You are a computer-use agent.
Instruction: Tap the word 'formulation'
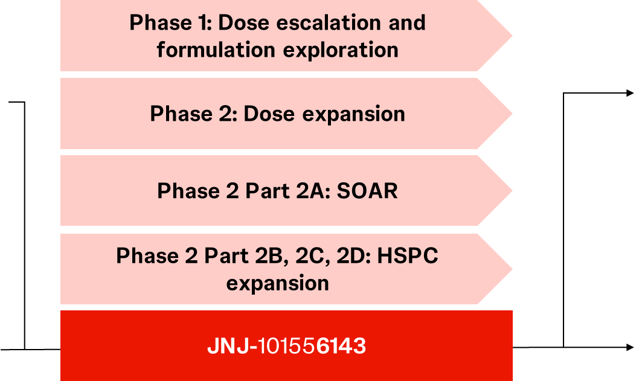216,50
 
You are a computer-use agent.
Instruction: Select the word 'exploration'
341,51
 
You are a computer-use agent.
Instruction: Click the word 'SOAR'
367,191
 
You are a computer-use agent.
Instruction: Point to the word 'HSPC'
408,256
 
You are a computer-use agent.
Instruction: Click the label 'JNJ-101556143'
287,346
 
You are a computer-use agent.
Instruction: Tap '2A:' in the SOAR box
313,191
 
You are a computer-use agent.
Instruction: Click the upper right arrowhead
631,93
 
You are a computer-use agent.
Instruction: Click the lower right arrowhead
631,347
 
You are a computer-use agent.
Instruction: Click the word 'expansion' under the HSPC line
278,284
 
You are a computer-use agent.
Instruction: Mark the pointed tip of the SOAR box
512,190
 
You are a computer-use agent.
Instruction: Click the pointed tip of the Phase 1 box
512,36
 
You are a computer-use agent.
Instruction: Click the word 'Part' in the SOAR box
268,191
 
